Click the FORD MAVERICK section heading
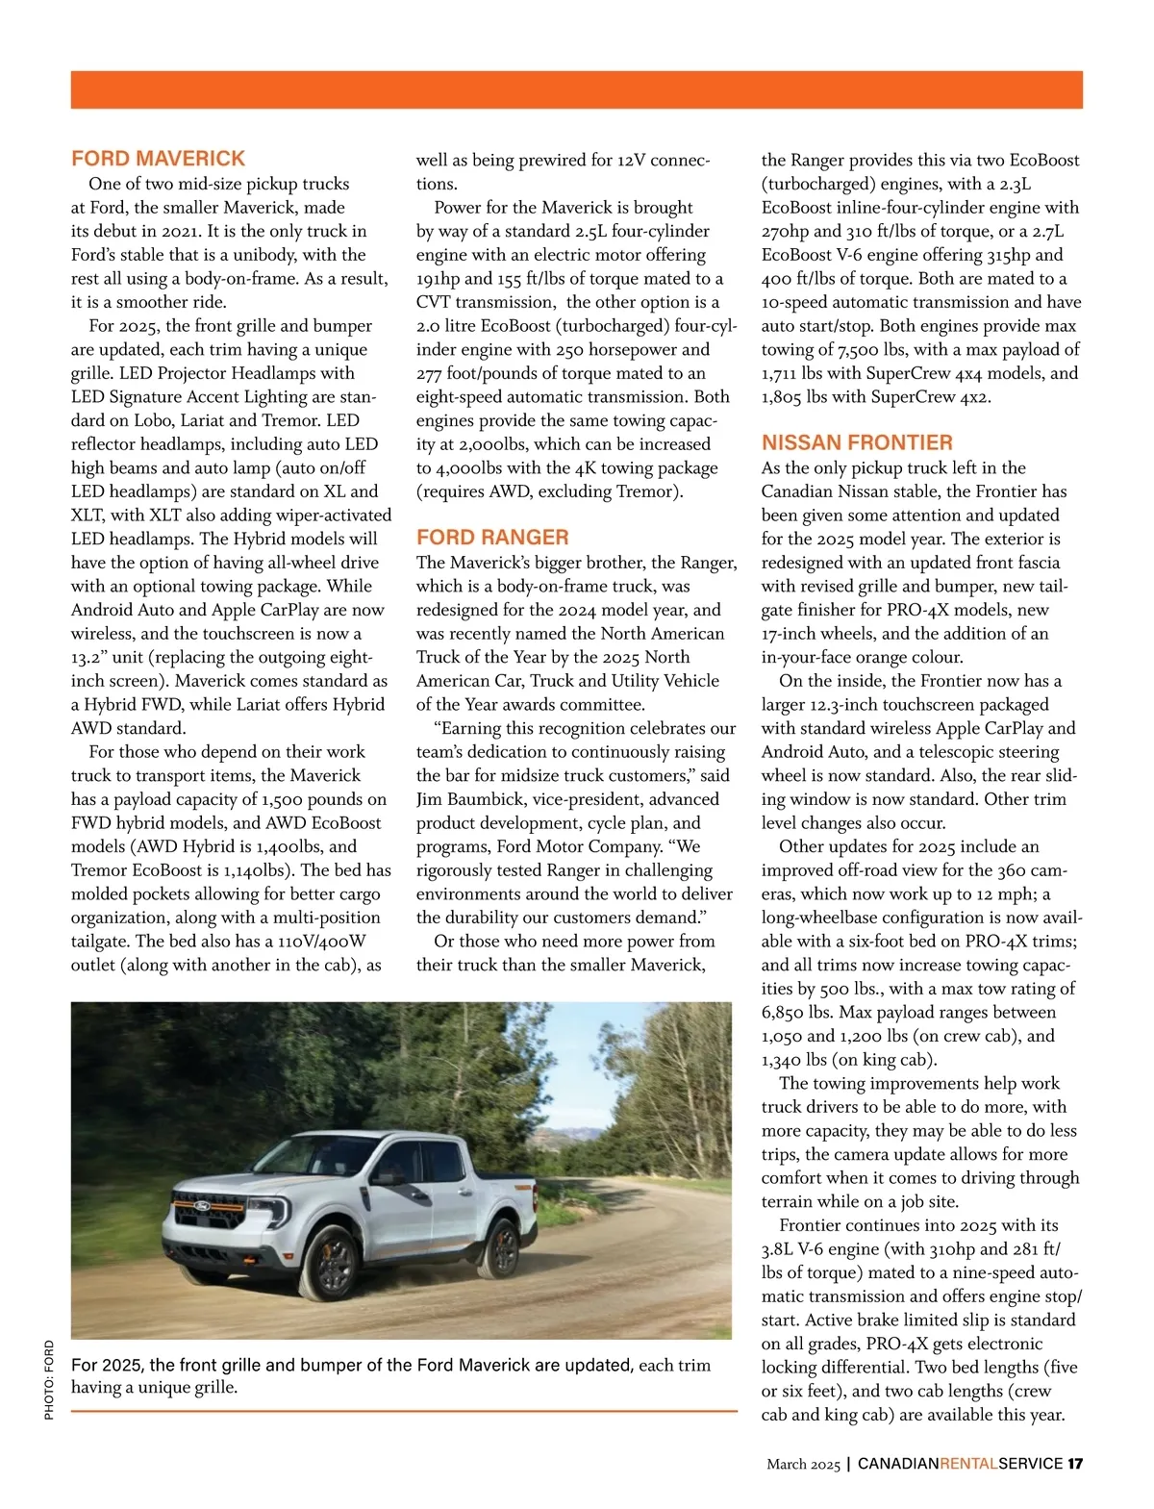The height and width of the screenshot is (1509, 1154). [158, 159]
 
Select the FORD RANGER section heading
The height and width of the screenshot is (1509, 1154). [492, 538]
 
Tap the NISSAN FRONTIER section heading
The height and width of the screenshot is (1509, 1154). [857, 443]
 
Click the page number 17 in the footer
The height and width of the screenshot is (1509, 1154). [1075, 1464]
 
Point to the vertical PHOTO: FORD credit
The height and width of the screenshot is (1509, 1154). [49, 1379]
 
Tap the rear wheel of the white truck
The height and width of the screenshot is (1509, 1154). [501, 1248]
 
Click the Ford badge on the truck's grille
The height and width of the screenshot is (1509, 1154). [203, 1205]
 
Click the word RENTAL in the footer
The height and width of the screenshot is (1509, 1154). [968, 1464]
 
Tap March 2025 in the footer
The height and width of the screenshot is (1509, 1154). [803, 1464]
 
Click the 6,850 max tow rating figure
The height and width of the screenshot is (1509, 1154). [786, 1012]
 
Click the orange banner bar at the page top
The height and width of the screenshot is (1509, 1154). [577, 89]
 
